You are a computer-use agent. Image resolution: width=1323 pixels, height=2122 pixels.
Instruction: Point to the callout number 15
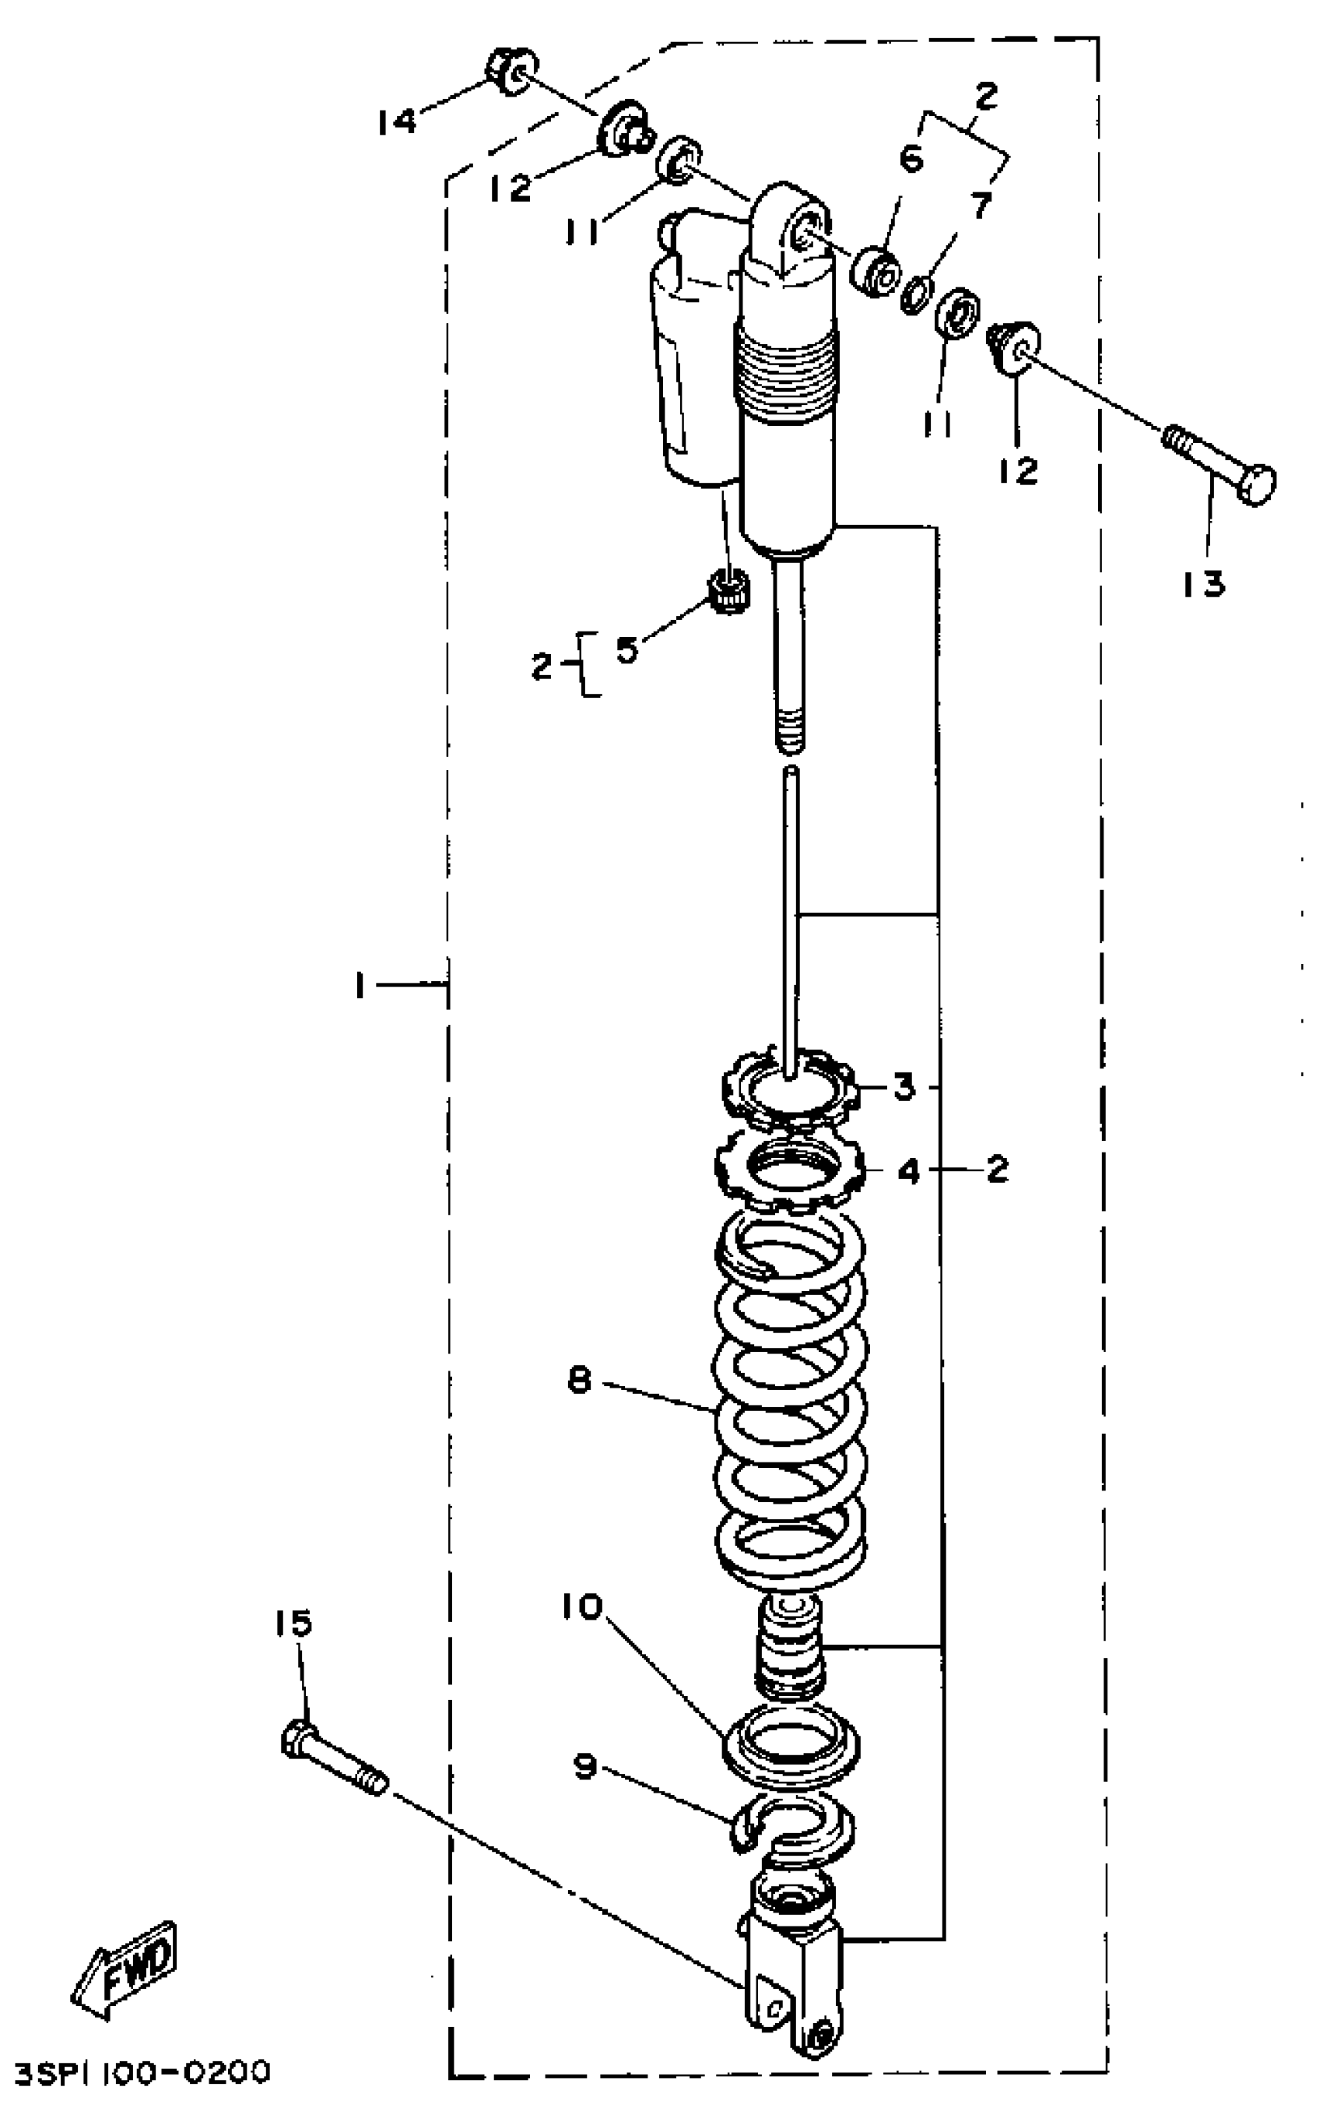(293, 1623)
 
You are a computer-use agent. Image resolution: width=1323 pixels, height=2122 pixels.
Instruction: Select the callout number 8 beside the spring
(579, 1382)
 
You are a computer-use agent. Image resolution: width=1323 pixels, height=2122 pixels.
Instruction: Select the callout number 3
(902, 1088)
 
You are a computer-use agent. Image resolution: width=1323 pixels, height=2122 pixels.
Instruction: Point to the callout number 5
(626, 650)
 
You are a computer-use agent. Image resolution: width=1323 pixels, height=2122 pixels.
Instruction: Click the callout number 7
(982, 206)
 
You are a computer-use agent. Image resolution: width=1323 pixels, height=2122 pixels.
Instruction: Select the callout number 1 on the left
(360, 986)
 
